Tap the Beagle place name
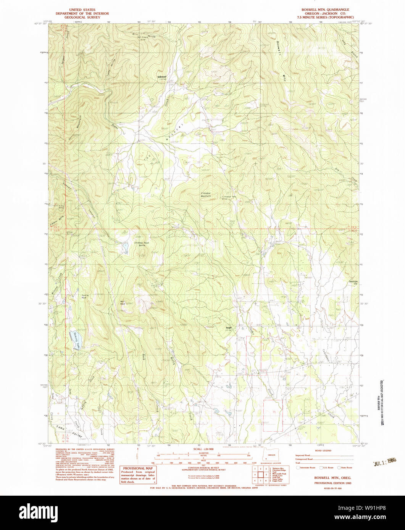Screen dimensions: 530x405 pos(228,328)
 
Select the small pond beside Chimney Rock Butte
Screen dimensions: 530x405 pos(125,248)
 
